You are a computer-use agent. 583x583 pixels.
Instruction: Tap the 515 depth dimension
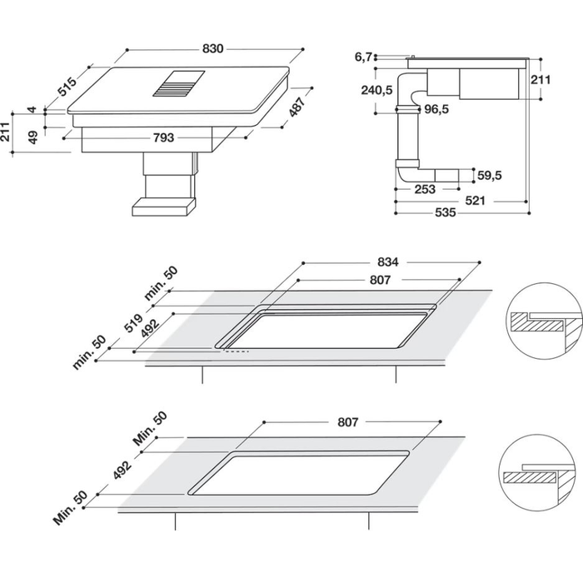coord(67,85)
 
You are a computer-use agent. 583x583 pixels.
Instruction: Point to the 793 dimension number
coord(163,137)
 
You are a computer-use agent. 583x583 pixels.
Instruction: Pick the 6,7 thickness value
coord(362,57)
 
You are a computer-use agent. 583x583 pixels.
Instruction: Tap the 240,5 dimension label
coord(377,91)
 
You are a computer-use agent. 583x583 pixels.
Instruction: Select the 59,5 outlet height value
coord(489,175)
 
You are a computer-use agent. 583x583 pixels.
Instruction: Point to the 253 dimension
coord(425,189)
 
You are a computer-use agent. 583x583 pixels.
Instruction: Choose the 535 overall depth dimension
coord(446,213)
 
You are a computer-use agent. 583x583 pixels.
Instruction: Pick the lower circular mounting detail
coord(538,474)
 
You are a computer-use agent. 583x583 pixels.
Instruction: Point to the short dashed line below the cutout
coord(235,351)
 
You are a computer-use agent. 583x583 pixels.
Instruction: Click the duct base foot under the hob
coord(164,206)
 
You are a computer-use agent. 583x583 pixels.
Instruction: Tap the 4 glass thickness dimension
coord(32,109)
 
